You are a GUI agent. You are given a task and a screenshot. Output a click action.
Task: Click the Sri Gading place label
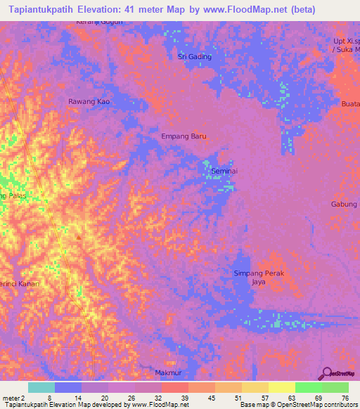pyautogui.click(x=195, y=56)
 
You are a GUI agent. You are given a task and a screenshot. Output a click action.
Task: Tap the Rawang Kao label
pyautogui.click(x=89, y=102)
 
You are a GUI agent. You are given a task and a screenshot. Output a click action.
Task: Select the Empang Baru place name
pyautogui.click(x=184, y=136)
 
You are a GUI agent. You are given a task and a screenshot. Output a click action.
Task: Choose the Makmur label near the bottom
pyautogui.click(x=169, y=372)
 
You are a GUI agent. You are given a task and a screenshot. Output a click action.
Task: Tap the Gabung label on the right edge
pyautogui.click(x=345, y=204)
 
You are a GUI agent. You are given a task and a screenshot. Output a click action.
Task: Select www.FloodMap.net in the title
pyautogui.click(x=240, y=10)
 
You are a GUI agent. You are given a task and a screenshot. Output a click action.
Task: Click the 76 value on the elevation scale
pyautogui.click(x=345, y=397)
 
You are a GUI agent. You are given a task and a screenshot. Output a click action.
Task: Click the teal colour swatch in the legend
pyautogui.click(x=41, y=387)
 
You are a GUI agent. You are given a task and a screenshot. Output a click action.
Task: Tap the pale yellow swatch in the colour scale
pyautogui.click(x=281, y=387)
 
